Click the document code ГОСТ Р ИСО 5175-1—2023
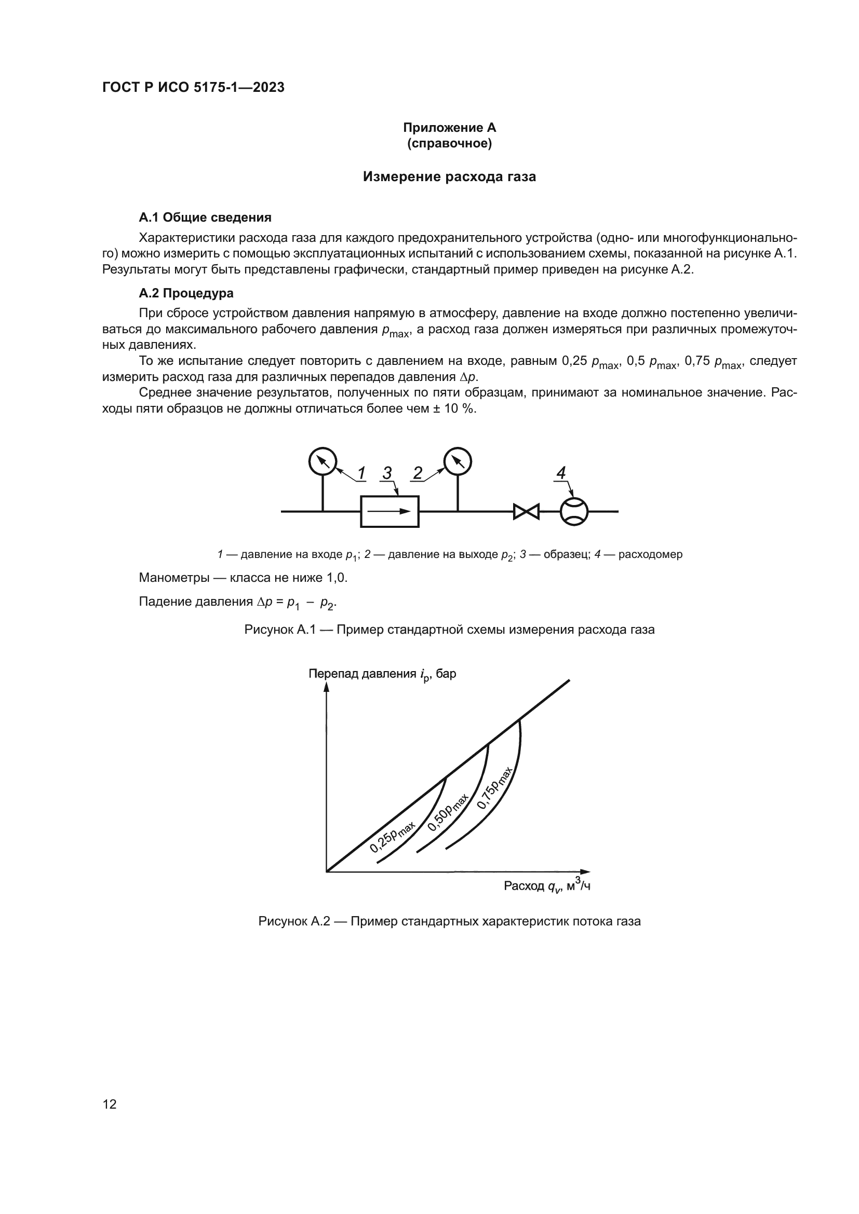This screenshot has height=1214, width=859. pyautogui.click(x=193, y=87)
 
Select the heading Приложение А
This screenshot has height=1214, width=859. pyautogui.click(x=449, y=128)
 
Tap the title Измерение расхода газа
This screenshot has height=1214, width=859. pyautogui.click(x=449, y=176)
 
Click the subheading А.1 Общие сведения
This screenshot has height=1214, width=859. pyautogui.click(x=205, y=217)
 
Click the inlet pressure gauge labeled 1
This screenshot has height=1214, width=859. pyautogui.click(x=323, y=461)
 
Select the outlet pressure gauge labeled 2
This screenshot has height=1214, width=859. pyautogui.click(x=458, y=461)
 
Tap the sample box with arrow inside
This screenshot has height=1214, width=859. pyautogui.click(x=390, y=511)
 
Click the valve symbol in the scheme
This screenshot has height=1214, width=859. pyautogui.click(x=526, y=511)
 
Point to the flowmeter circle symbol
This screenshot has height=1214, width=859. pyautogui.click(x=574, y=511)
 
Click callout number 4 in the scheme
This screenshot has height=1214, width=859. pyautogui.click(x=561, y=473)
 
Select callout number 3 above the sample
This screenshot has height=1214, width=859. pyautogui.click(x=387, y=473)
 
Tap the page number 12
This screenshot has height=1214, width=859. pyautogui.click(x=110, y=1104)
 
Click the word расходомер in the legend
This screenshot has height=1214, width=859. pyautogui.click(x=650, y=554)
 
